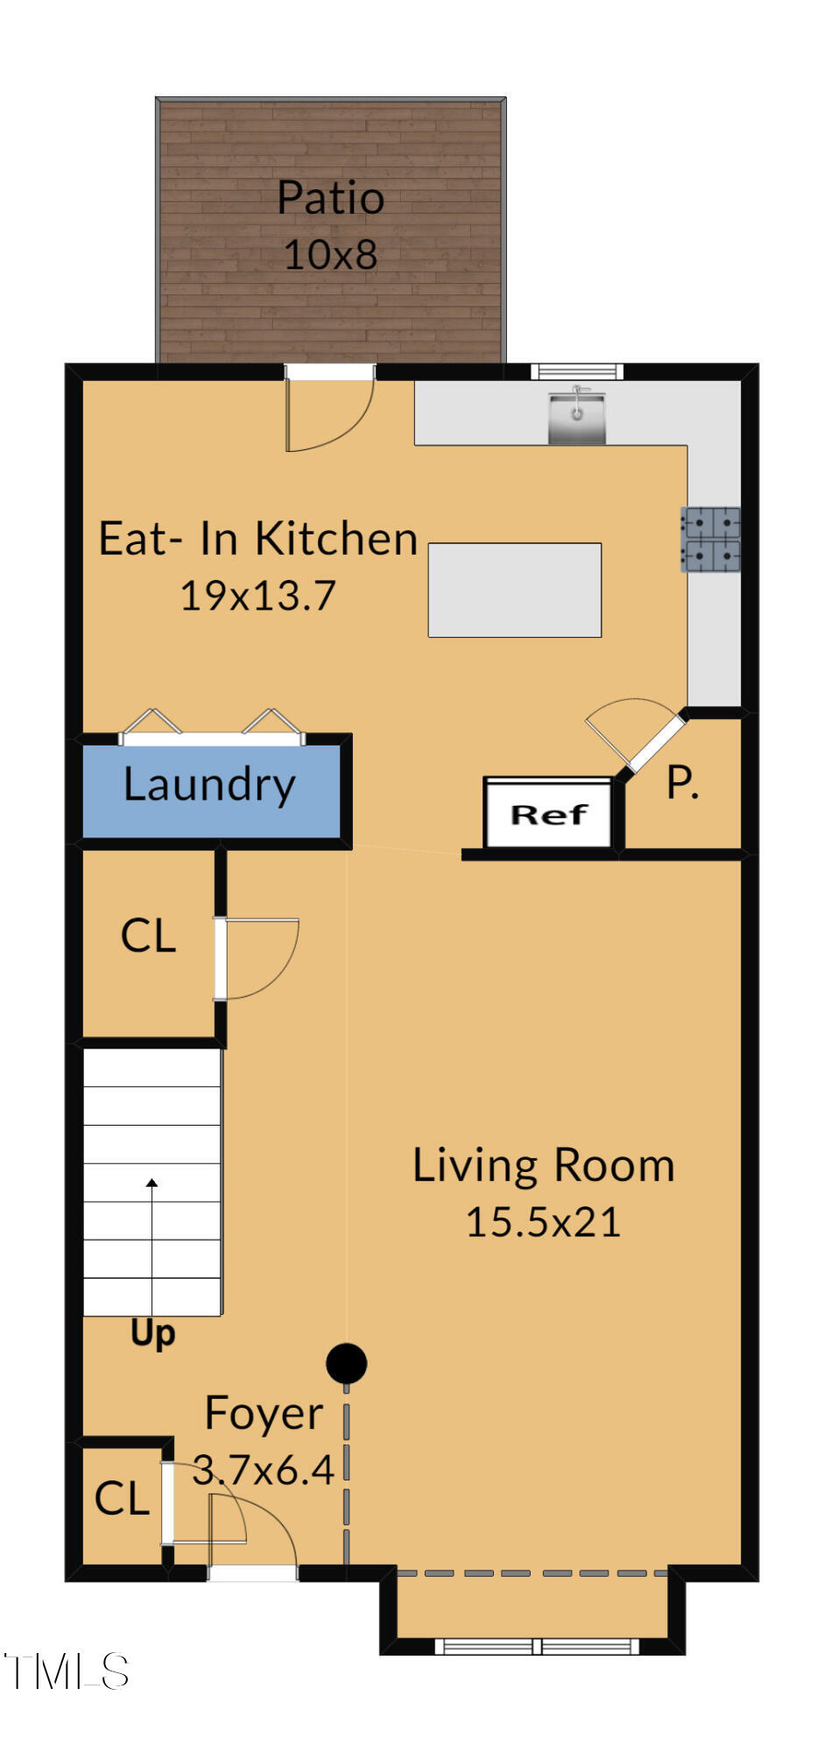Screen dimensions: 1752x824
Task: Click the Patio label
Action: coord(330,198)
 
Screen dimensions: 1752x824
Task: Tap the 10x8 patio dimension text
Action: coord(330,255)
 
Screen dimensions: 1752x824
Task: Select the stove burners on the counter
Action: coord(710,540)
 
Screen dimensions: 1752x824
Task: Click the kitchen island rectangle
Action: coord(514,590)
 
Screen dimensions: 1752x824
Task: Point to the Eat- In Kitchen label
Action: coord(257,538)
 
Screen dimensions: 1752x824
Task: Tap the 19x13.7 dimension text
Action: coord(257,596)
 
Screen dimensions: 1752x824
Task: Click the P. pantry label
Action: coord(682,781)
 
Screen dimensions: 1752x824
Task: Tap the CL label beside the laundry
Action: coord(148,936)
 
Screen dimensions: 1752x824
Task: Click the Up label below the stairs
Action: coord(152,1332)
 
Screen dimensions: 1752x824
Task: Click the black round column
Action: coord(346,1363)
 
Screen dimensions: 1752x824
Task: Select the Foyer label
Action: coord(264,1413)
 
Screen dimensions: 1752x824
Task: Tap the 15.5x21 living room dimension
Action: coord(543,1222)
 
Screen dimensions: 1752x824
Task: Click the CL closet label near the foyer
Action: coord(122,1499)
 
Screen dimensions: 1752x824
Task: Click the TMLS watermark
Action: coord(67,1671)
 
